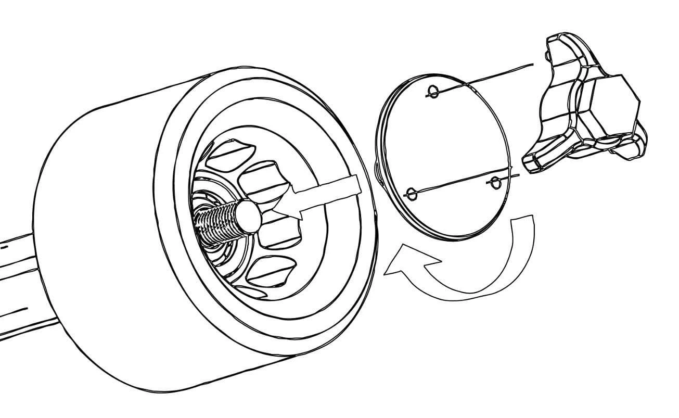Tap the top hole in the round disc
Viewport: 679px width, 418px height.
point(431,93)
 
